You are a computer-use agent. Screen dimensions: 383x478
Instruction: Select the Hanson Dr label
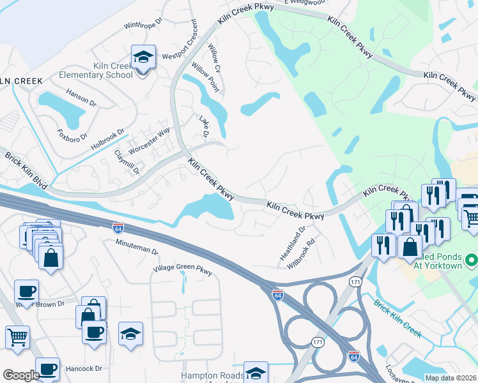click(x=81, y=99)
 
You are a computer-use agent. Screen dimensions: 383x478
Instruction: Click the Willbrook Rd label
click(x=302, y=252)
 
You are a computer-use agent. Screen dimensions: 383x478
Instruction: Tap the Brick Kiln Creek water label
click(x=398, y=319)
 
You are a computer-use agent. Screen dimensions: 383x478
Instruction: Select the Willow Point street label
click(x=205, y=77)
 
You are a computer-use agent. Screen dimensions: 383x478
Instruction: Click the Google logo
click(x=21, y=375)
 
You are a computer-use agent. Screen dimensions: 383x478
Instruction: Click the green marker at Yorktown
click(x=472, y=260)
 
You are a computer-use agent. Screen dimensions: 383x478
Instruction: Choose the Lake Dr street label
click(x=204, y=127)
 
